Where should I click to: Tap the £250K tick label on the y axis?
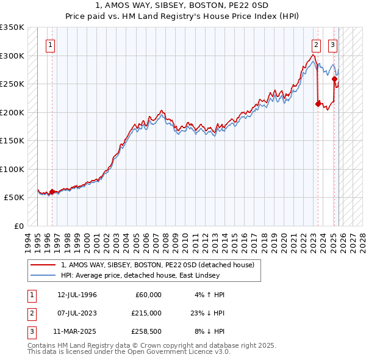tap(12, 84)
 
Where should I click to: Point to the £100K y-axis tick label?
tap(12, 169)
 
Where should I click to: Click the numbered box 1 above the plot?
tap(50, 44)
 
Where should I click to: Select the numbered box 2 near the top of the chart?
tap(317, 44)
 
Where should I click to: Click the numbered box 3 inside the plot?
tap(333, 44)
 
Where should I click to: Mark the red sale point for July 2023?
tap(318, 104)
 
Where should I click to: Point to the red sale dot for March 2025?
tap(334, 79)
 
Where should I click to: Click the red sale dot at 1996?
tap(52, 192)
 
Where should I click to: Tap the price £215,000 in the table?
tap(147, 313)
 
